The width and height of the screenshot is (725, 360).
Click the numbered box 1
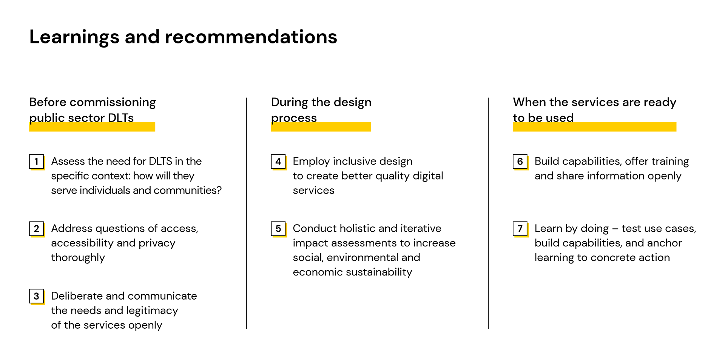click(x=37, y=162)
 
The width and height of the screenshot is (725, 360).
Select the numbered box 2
click(x=37, y=229)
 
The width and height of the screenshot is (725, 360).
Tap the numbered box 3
click(x=37, y=296)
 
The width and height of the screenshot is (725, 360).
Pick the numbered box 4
click(x=278, y=162)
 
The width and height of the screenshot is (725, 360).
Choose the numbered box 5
click(x=278, y=229)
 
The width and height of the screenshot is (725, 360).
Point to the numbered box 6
click(x=520, y=162)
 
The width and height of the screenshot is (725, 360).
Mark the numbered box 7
click(x=520, y=229)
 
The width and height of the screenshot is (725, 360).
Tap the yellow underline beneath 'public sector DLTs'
click(x=92, y=127)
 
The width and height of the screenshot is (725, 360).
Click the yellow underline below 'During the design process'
click(x=321, y=127)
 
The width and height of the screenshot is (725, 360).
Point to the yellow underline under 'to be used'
click(x=594, y=127)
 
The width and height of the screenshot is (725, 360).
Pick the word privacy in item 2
click(x=157, y=243)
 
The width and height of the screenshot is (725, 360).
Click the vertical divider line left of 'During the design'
click(x=247, y=213)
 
